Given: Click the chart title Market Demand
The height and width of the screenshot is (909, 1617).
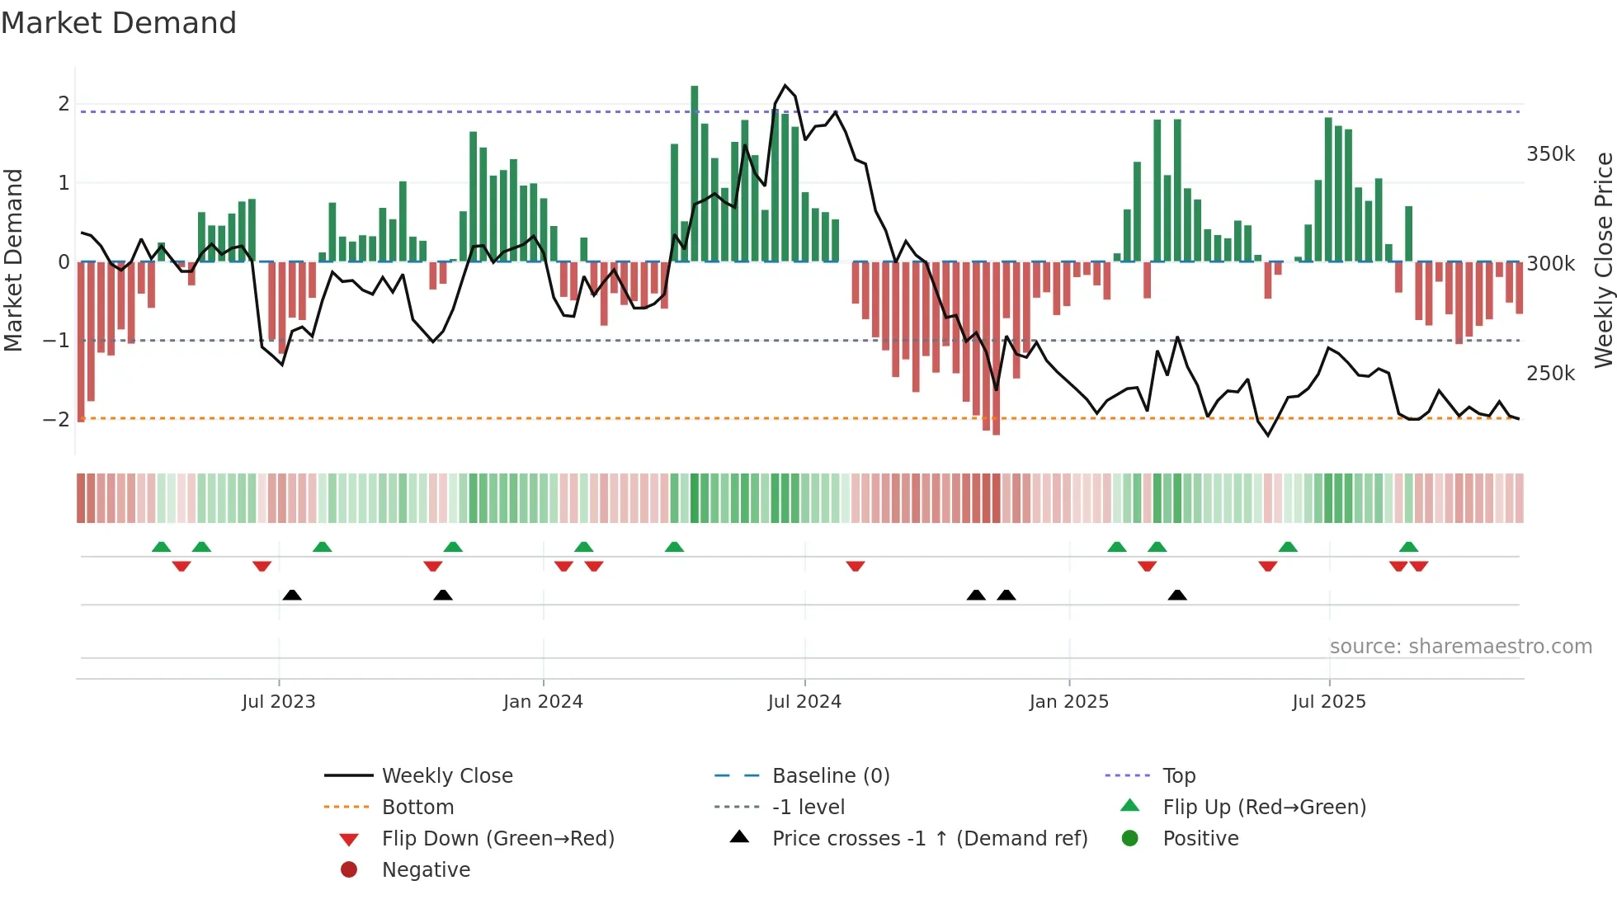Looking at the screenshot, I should (x=119, y=22).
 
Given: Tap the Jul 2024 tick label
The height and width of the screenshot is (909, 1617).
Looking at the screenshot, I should (x=804, y=702).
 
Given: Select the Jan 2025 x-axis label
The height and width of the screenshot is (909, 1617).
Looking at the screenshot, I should (x=1068, y=702).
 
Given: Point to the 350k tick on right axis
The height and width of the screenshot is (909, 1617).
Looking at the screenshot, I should (x=1550, y=154).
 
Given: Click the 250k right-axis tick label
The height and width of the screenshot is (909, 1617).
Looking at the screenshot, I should (x=1550, y=374).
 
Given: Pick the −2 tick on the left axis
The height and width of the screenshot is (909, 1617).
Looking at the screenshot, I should (x=56, y=419).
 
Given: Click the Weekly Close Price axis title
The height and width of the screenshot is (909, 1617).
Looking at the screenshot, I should (x=1603, y=260).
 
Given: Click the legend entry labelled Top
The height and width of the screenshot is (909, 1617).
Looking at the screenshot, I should (x=1178, y=775).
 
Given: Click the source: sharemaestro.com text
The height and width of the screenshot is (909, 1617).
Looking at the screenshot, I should (x=1460, y=646).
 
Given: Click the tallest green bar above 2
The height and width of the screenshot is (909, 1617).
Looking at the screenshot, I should (x=695, y=173).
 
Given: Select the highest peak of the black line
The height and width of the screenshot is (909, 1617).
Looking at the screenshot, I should (x=785, y=86).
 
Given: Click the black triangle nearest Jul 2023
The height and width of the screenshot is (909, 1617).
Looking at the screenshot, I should (x=292, y=595).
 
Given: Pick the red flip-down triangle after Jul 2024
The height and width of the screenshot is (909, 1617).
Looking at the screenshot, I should (x=856, y=566).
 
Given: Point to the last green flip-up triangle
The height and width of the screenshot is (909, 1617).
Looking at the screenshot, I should (x=1409, y=547).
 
